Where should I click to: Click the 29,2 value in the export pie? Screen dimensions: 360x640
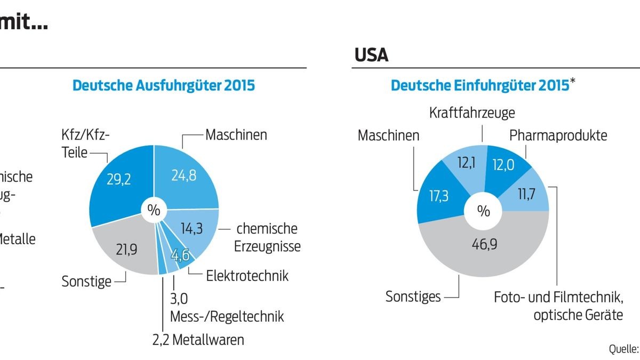119,180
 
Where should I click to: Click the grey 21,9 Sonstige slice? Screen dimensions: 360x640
127,249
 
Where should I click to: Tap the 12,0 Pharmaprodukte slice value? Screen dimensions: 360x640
503,166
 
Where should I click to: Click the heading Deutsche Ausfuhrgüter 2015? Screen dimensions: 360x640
164,86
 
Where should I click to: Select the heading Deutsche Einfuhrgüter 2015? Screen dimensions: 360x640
480,86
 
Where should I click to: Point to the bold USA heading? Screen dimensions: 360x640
371,55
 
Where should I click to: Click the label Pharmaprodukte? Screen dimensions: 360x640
558,135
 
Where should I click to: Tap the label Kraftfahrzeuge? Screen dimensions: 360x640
472,113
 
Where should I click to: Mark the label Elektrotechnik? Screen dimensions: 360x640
247,276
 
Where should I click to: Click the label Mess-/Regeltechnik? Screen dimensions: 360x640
227,316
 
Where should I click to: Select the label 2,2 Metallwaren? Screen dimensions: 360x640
198,339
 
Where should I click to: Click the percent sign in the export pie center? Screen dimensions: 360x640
154,210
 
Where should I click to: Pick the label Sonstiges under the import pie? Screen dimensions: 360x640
413,297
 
